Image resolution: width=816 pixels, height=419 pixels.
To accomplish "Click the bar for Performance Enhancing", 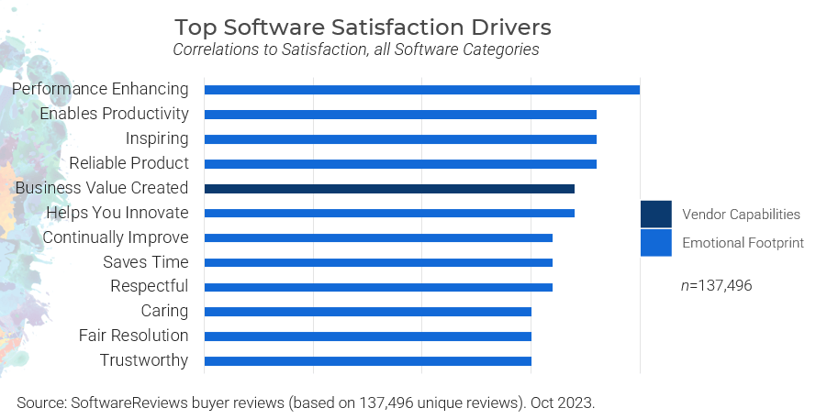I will [x=421, y=90].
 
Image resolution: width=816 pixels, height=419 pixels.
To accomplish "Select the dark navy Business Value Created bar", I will [x=389, y=189].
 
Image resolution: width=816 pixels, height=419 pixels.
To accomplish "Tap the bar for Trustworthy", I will [x=367, y=361].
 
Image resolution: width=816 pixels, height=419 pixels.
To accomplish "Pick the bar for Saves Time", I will [x=378, y=262].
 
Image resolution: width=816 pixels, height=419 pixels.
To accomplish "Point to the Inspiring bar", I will [x=400, y=139].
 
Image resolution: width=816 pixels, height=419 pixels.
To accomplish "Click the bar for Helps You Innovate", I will [x=389, y=214].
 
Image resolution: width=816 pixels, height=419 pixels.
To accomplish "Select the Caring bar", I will [x=367, y=312].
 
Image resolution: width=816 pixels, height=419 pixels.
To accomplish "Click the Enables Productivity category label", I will [x=114, y=114].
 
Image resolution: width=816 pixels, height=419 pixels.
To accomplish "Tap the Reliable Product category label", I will [x=129, y=163].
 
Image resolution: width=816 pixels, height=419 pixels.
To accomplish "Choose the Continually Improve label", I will [x=116, y=237].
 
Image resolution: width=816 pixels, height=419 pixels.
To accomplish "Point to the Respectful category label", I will [x=149, y=286].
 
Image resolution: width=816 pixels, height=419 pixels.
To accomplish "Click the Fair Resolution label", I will [x=133, y=336].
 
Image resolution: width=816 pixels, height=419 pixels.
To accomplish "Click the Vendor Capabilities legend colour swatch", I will [x=655, y=214].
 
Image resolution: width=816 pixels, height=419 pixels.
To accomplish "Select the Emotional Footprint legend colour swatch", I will [x=655, y=243].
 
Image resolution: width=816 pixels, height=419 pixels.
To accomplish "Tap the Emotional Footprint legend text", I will [x=743, y=243].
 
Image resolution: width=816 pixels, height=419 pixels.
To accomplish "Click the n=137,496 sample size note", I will [x=716, y=285].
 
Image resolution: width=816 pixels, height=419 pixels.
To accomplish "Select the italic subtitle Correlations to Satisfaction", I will [x=356, y=50].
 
